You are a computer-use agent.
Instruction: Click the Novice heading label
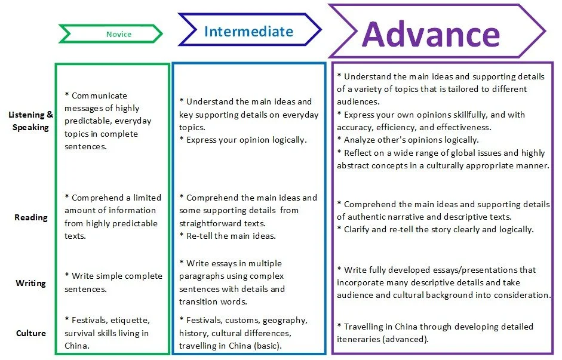pos(118,34)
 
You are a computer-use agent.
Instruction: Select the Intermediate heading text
pos(248,31)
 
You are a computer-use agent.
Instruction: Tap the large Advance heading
pos(431,33)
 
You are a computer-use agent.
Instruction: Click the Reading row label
pos(30,217)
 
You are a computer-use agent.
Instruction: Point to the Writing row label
pos(30,283)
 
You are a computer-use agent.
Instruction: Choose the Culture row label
pos(30,333)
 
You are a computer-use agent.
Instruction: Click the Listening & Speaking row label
pos(30,121)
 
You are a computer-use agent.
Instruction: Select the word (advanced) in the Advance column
pos(408,339)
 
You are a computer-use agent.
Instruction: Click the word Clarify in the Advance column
pos(360,229)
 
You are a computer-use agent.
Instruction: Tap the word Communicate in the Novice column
pos(99,96)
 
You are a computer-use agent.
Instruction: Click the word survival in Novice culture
pos(81,333)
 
